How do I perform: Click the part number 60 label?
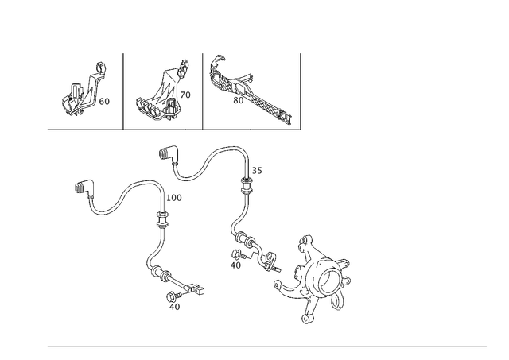tap(104, 102)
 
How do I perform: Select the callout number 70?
tap(185, 95)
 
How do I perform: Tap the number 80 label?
tap(239, 101)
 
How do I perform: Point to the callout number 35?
tap(257, 170)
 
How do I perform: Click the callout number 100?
tap(174, 198)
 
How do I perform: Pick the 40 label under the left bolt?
tap(175, 307)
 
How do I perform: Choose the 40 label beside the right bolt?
tap(236, 265)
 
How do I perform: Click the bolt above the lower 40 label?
tap(173, 296)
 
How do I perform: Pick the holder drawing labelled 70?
tap(162, 91)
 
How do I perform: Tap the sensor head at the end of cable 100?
tap(196, 288)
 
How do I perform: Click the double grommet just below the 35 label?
tap(247, 186)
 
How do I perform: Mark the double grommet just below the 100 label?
tap(162, 220)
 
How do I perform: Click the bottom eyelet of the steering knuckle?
tap(305, 319)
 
